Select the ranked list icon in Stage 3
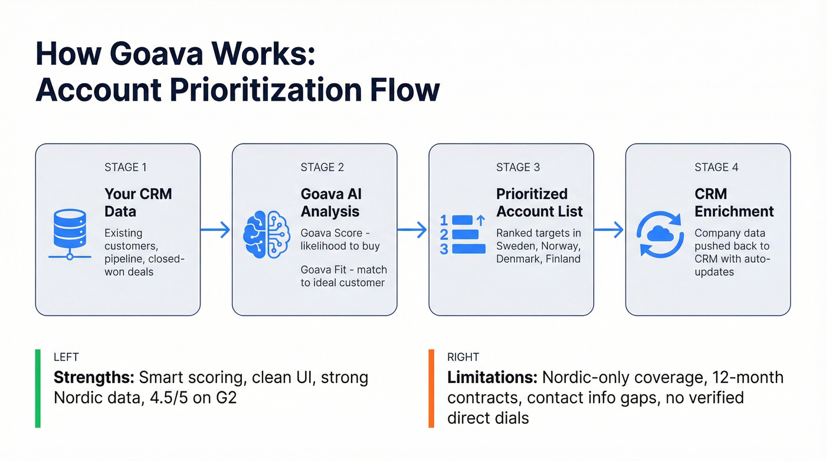click(463, 234)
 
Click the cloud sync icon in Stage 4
click(660, 234)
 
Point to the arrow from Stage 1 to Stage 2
click(216, 230)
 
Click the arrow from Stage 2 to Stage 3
click(412, 230)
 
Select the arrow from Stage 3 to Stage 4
click(609, 230)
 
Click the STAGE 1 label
click(126, 167)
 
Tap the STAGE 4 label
click(716, 167)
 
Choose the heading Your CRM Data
click(138, 202)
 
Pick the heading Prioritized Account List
click(539, 202)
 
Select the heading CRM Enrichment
click(734, 202)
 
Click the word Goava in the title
click(165, 55)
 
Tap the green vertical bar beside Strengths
click(38, 388)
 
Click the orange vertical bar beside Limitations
click(431, 388)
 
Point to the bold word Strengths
click(94, 378)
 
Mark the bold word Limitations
click(491, 378)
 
